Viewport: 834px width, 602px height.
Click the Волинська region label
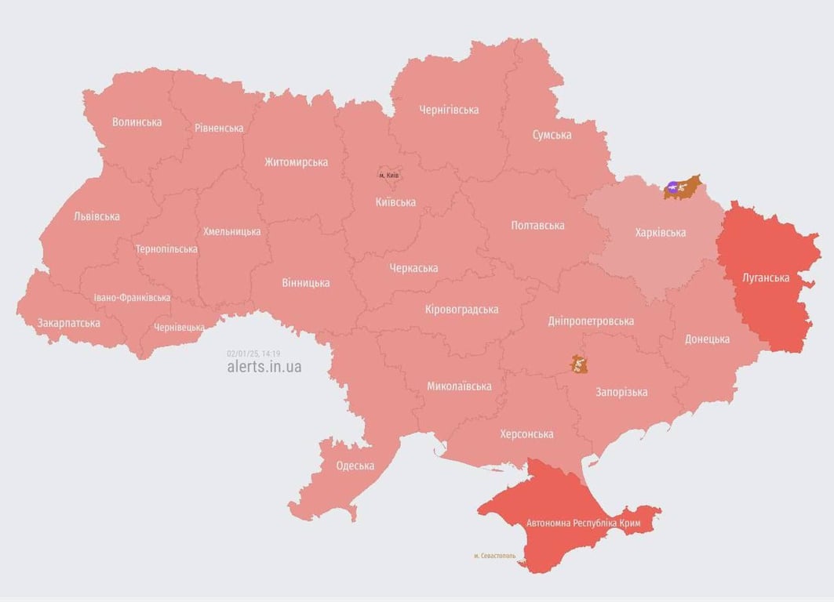pyautogui.click(x=137, y=122)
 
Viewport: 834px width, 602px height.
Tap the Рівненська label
pyautogui.click(x=219, y=128)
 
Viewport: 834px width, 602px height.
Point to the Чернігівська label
pyautogui.click(x=449, y=110)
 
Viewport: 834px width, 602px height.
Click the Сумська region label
pyautogui.click(x=552, y=135)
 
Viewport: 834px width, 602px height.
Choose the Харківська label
pyautogui.click(x=659, y=233)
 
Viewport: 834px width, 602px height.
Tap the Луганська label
pyautogui.click(x=766, y=277)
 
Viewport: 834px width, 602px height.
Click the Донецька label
pyautogui.click(x=707, y=339)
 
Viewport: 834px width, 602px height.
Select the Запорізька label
pyautogui.click(x=621, y=392)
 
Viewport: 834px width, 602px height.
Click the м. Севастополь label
pyautogui.click(x=494, y=556)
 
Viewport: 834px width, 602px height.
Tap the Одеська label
pyautogui.click(x=355, y=466)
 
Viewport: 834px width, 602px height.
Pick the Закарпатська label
pyautogui.click(x=68, y=323)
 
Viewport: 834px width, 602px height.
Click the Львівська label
pyautogui.click(x=97, y=216)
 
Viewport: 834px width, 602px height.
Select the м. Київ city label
pyautogui.click(x=388, y=175)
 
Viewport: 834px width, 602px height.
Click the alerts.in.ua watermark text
pyautogui.click(x=264, y=366)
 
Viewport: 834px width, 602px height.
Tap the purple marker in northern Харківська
pyautogui.click(x=672, y=187)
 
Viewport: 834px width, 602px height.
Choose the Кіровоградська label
pyautogui.click(x=461, y=310)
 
